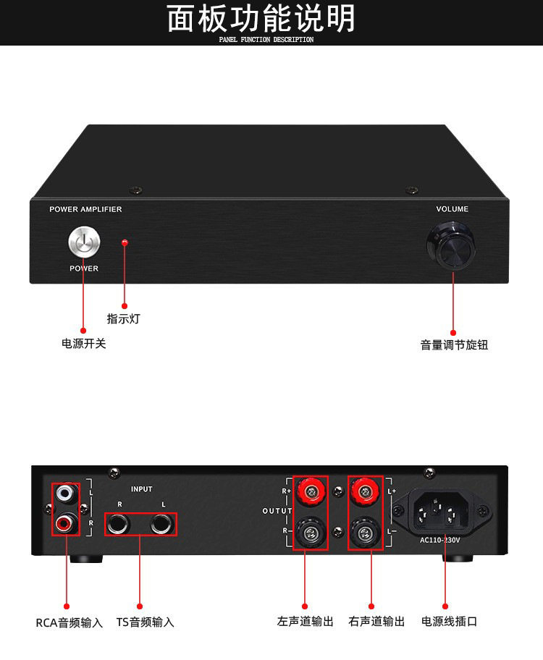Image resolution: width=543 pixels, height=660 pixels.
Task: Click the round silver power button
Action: pos(83,242)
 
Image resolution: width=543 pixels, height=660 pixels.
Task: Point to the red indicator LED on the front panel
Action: pos(125,242)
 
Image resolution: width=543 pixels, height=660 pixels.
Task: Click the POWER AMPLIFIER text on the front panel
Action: pos(85,209)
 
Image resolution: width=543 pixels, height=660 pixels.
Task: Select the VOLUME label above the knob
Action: pos(452,209)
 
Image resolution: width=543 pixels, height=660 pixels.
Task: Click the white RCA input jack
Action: pos(66,495)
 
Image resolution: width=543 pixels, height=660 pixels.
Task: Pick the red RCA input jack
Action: pos(66,521)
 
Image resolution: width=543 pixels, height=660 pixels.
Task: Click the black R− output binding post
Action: pos(310,534)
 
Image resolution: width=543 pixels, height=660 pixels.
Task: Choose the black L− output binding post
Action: pos(365,534)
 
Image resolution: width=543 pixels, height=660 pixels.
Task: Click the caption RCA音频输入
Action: pos(70,622)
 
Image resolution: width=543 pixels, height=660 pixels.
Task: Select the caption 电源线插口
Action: pos(450,621)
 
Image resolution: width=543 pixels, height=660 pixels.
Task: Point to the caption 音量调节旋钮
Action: pos(454,345)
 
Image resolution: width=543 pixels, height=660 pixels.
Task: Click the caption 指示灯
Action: pos(124,318)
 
